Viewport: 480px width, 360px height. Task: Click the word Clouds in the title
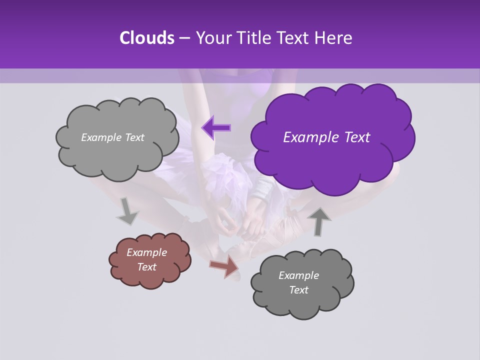[146, 38]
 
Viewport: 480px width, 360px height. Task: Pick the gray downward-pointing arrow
[127, 211]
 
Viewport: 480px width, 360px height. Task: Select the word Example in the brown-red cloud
[146, 252]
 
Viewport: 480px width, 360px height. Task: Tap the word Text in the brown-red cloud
[146, 267]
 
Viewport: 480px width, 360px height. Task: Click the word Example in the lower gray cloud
[298, 275]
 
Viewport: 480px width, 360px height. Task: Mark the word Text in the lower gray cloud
[298, 290]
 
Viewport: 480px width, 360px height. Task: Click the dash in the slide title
[184, 38]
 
